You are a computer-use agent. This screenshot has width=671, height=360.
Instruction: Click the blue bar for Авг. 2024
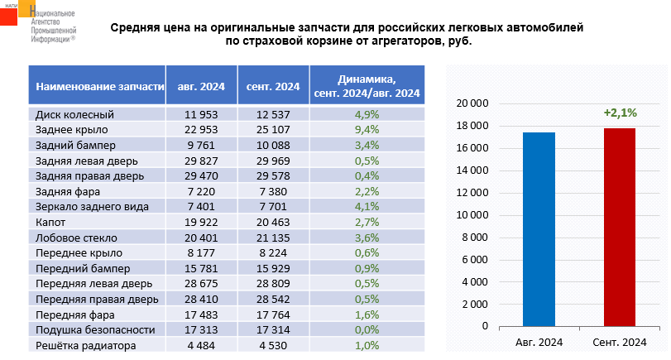pos(539,228)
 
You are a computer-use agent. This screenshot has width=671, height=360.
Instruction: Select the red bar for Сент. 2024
pos(620,227)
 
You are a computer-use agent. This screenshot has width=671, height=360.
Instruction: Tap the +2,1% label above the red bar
pos(620,113)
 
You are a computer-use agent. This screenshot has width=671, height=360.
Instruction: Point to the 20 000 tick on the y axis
pos(472,103)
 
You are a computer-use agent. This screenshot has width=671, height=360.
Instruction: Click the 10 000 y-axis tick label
pos(472,215)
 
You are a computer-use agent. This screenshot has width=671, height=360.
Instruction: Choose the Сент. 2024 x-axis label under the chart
pos(620,342)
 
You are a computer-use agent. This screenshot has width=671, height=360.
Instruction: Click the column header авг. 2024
pos(200,85)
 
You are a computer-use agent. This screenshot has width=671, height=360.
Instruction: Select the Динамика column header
pos(367,85)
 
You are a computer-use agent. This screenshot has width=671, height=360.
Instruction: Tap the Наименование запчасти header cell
pos(94,85)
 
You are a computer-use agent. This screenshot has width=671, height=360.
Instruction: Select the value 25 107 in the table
pos(273,129)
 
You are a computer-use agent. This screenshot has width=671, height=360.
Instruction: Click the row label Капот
pos(51,222)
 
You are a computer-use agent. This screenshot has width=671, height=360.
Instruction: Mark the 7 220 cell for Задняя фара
pos(200,191)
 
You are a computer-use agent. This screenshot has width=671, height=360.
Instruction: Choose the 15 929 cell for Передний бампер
pos(273,268)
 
